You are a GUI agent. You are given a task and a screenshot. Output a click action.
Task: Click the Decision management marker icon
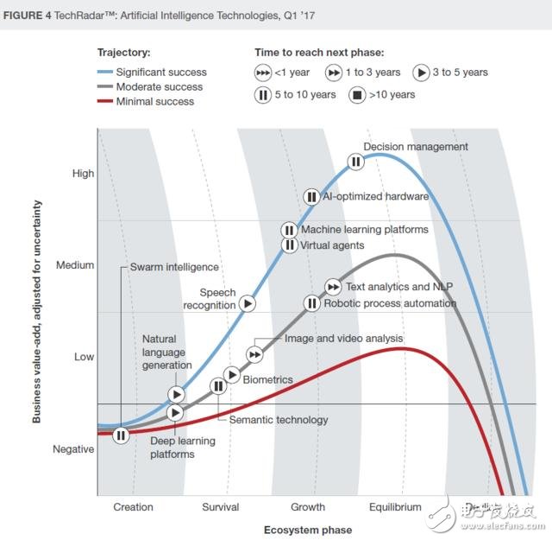pos(355,161)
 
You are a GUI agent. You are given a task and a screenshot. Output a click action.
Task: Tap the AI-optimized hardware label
pos(375,196)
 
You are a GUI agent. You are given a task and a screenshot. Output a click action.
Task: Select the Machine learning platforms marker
pos(289,230)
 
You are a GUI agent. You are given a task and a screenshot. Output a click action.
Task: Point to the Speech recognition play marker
pos(248,303)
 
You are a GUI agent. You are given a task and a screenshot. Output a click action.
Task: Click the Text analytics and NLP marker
pos(333,286)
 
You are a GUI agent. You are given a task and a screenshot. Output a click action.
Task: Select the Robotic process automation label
pos(389,303)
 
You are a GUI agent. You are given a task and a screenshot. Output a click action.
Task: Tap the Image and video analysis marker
pos(254,353)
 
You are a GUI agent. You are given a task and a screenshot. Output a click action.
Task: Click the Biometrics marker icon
pos(231,374)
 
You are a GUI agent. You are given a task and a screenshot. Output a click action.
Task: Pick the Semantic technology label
pos(278,420)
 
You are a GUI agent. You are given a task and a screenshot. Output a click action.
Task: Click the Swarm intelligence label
pos(174,267)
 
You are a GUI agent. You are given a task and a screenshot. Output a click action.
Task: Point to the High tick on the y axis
pos(84,174)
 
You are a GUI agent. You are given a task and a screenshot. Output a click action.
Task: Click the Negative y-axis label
pos(74,449)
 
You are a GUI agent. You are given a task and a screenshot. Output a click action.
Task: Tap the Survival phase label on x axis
pos(220,507)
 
